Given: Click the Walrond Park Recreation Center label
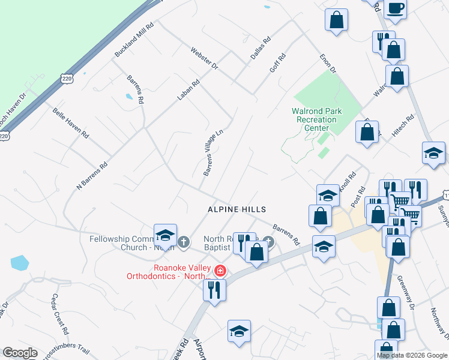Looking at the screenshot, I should pyautogui.click(x=316, y=119).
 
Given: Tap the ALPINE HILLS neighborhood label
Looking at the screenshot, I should pyautogui.click(x=237, y=209).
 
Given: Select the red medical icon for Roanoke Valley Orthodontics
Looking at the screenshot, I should pyautogui.click(x=220, y=271).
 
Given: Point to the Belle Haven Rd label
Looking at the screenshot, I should pyautogui.click(x=70, y=123).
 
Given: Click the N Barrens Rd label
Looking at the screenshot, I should pyautogui.click(x=92, y=176).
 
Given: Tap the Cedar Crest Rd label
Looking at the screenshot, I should pyautogui.click(x=59, y=314).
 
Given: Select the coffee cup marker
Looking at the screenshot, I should pyautogui.click(x=396, y=8).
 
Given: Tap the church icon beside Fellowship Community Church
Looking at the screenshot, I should pyautogui.click(x=184, y=242).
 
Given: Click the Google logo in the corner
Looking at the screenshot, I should pyautogui.click(x=20, y=353).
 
